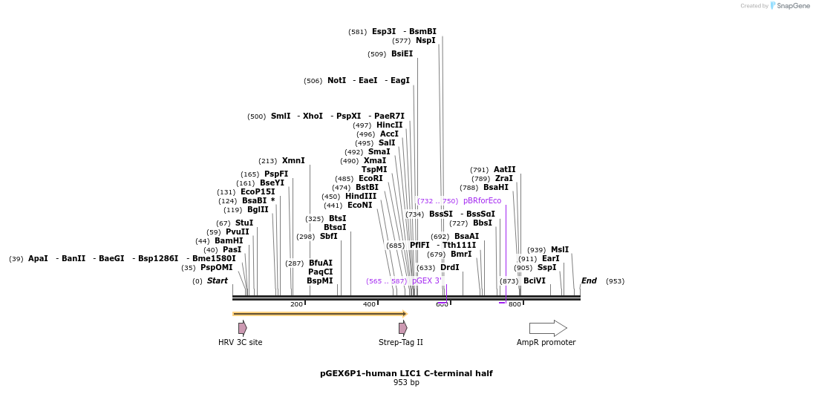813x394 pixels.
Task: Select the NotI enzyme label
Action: pyautogui.click(x=336, y=80)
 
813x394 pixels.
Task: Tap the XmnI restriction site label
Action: pyautogui.click(x=293, y=160)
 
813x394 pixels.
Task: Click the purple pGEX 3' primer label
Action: pyautogui.click(x=427, y=281)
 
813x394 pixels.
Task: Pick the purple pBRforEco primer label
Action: pyautogui.click(x=482, y=200)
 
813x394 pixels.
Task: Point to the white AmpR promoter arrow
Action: pyautogui.click(x=548, y=328)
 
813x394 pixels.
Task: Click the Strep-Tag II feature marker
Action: pyautogui.click(x=402, y=328)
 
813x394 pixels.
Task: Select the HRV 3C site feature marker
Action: pyautogui.click(x=242, y=328)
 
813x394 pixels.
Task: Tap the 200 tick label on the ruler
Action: pyautogui.click(x=296, y=305)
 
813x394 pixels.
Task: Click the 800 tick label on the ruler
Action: pyautogui.click(x=515, y=305)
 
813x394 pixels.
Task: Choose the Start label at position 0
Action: pyautogui.click(x=218, y=280)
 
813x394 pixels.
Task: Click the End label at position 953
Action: pyautogui.click(x=589, y=280)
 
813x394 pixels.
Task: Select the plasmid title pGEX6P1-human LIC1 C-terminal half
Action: pyautogui.click(x=406, y=373)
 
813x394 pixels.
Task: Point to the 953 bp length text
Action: pyautogui.click(x=406, y=382)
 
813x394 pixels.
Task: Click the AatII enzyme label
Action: pyautogui.click(x=504, y=169)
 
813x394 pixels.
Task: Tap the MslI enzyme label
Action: pyautogui.click(x=560, y=249)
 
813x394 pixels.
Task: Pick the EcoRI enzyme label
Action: pyautogui.click(x=370, y=178)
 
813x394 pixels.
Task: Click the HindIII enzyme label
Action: pyautogui.click(x=361, y=196)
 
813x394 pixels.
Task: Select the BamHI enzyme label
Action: pyautogui.click(x=229, y=240)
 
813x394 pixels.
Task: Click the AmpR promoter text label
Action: pyautogui.click(x=546, y=342)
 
